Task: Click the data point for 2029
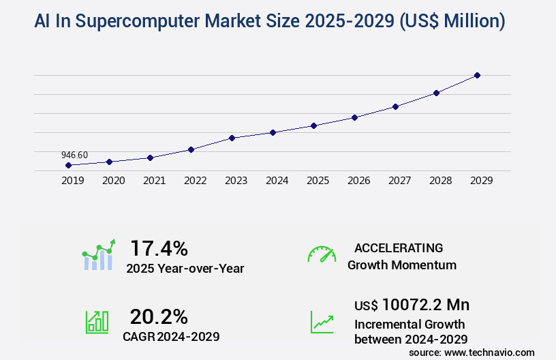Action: pos(477,75)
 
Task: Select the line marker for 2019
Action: pos(68,165)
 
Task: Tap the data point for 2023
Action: pos(232,138)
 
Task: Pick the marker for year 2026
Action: pos(354,117)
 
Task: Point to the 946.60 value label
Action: pos(74,155)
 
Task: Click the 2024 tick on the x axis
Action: pos(277,181)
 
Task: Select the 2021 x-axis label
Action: pos(154,181)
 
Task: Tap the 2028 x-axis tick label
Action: pos(440,181)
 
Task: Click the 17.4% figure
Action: pos(159,247)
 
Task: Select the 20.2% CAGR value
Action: pos(159,316)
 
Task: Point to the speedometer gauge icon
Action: pos(322,254)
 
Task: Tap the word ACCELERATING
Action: pos(399,247)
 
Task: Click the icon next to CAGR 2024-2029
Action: pos(97,322)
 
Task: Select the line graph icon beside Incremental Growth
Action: pos(322,322)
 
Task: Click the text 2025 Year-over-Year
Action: pos(185,269)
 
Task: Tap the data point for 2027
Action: pos(395,106)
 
